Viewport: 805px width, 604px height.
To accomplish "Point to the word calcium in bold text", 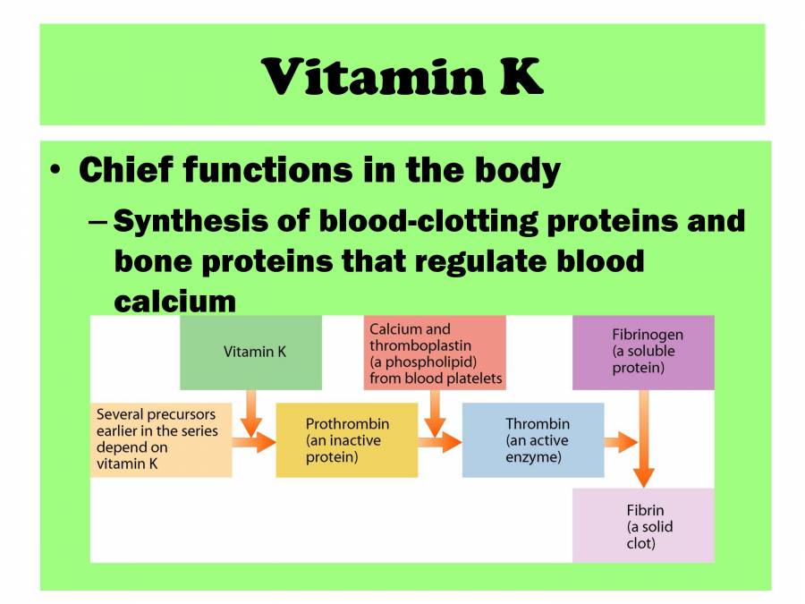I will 174,301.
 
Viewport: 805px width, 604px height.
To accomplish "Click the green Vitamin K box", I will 250,352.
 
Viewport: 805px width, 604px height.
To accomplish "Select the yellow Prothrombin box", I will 346,439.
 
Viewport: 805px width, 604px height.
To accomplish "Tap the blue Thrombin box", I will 532,439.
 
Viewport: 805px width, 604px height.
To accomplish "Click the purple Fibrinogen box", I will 643,352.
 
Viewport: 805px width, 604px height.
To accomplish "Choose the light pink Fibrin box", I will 643,525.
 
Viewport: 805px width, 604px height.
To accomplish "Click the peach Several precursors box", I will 161,439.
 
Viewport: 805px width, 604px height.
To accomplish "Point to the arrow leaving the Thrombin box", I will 619,441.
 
